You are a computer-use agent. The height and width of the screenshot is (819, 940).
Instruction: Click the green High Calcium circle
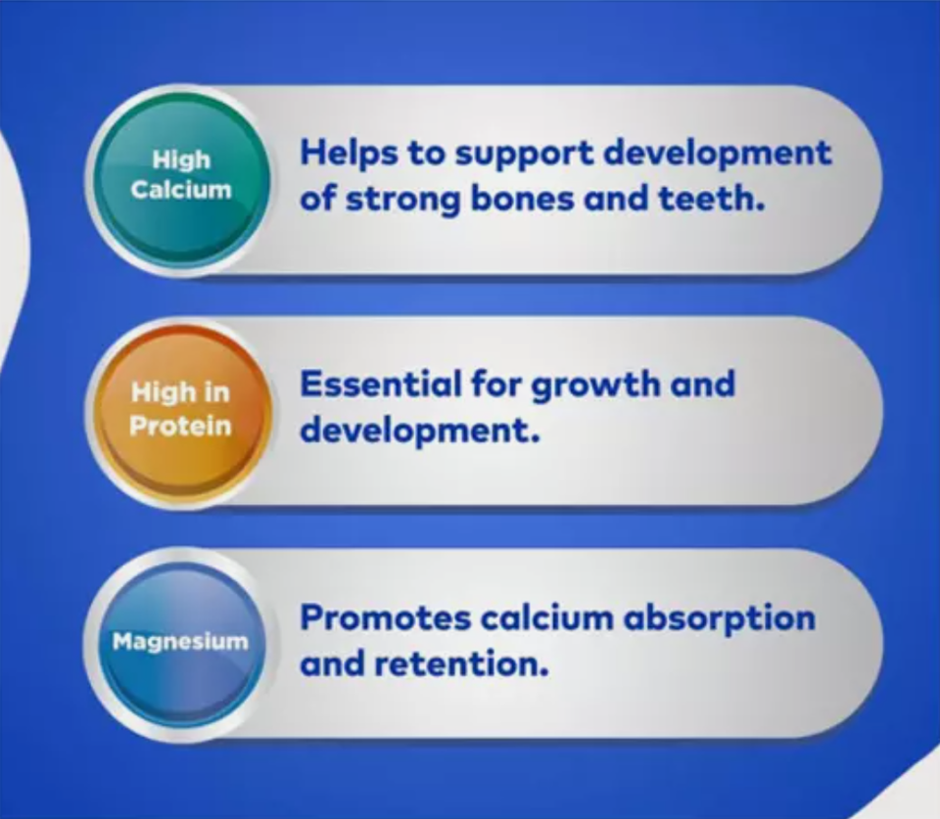(x=181, y=179)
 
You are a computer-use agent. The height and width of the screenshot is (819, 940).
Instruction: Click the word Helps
(x=349, y=154)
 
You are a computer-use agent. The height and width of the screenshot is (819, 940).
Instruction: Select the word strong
(x=402, y=201)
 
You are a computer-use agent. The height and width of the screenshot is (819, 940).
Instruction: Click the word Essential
(x=380, y=384)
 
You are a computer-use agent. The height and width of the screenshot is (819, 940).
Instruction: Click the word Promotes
(x=385, y=617)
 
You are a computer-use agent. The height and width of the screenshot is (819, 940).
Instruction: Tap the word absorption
(x=720, y=618)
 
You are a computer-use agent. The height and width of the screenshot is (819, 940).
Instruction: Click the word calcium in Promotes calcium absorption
(x=546, y=617)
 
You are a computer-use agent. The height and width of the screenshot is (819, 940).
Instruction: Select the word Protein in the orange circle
(x=180, y=426)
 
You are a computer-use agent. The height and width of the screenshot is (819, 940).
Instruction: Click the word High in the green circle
(x=182, y=160)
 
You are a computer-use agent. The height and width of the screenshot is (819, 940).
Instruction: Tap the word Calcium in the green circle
(x=181, y=190)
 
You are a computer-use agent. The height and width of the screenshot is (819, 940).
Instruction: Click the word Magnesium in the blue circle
(x=180, y=642)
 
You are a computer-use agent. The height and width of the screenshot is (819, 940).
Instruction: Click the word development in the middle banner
(x=420, y=432)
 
